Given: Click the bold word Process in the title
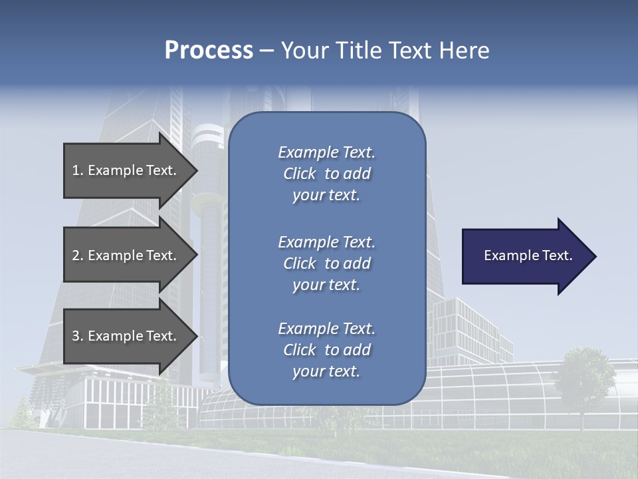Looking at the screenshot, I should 209,51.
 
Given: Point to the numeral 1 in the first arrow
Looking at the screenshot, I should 76,170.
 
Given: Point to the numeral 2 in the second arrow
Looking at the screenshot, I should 76,255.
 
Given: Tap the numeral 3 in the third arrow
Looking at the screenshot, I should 76,336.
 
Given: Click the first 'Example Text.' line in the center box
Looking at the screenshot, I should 326,152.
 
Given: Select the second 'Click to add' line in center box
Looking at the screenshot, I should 326,263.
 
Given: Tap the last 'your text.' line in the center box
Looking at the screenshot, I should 326,371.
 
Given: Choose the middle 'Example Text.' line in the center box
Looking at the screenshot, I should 326,242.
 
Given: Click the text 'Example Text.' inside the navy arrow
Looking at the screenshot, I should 528,255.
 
